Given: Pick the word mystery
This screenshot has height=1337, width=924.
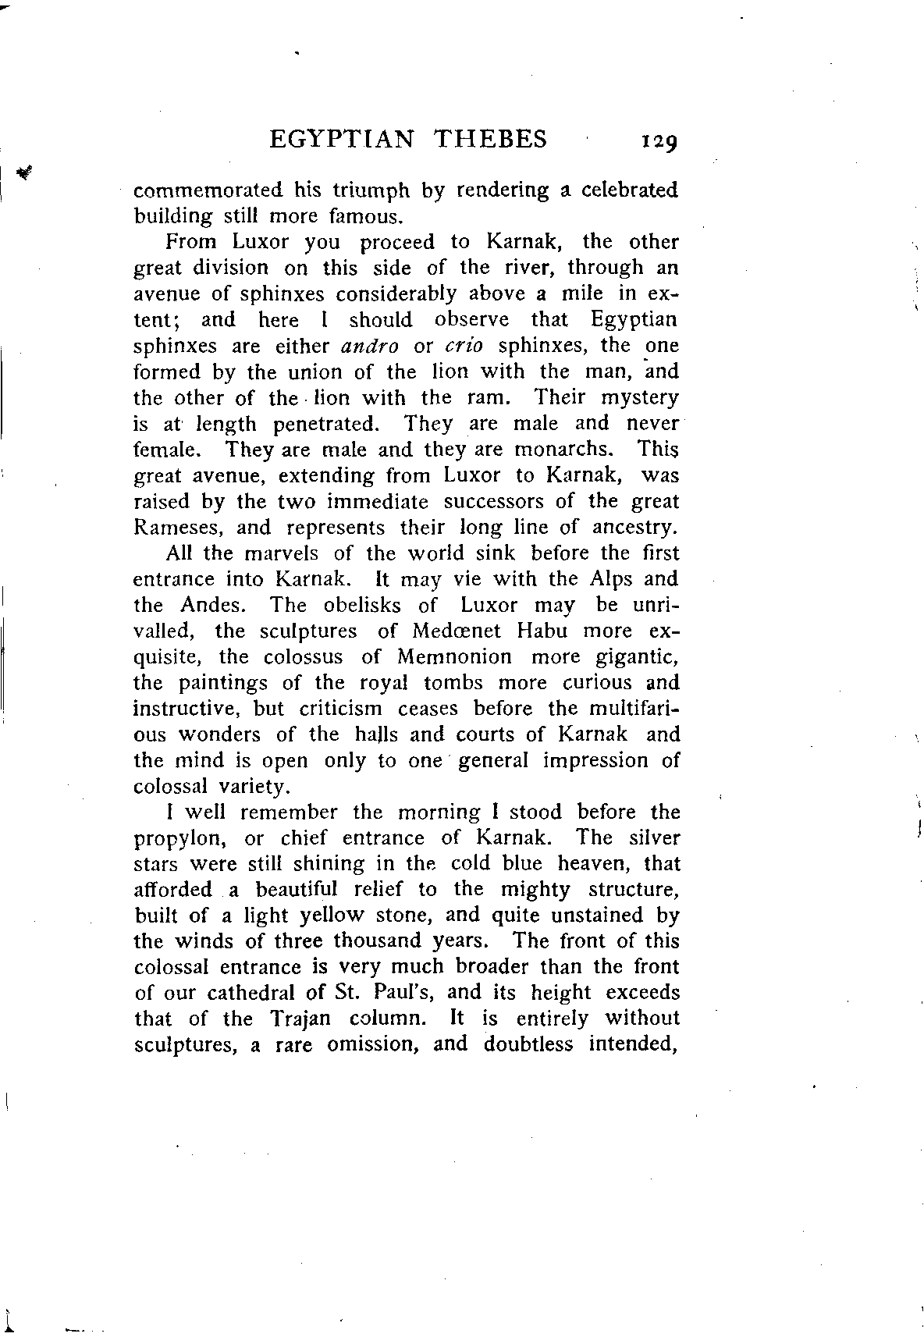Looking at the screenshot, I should pyautogui.click(x=638, y=398).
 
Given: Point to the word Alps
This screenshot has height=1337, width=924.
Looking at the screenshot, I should pyautogui.click(x=606, y=579).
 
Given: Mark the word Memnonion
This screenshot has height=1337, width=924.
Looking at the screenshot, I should pyautogui.click(x=454, y=657).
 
